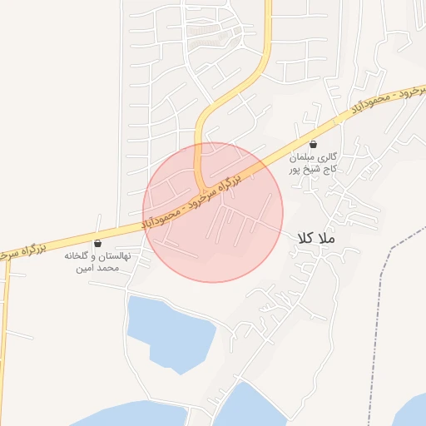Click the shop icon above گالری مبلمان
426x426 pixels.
click(x=312, y=144)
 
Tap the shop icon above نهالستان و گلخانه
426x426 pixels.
click(x=98, y=244)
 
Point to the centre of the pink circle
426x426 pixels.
click(x=213, y=212)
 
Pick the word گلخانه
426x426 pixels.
click(x=80, y=257)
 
